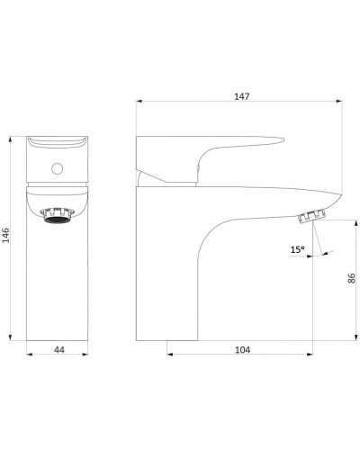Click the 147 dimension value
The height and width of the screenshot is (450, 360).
(242, 96)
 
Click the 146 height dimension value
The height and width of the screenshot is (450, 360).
(6, 235)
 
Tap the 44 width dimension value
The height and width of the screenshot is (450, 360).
(59, 350)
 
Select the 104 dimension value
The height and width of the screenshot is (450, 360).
(242, 350)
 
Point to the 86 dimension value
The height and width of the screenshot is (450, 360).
(351, 278)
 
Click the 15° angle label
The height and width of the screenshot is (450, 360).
(297, 249)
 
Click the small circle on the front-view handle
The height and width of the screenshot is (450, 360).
(57, 168)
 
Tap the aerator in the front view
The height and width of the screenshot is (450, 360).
(57, 216)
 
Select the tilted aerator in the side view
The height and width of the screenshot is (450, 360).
(312, 217)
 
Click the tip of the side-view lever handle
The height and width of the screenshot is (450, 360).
(283, 139)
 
